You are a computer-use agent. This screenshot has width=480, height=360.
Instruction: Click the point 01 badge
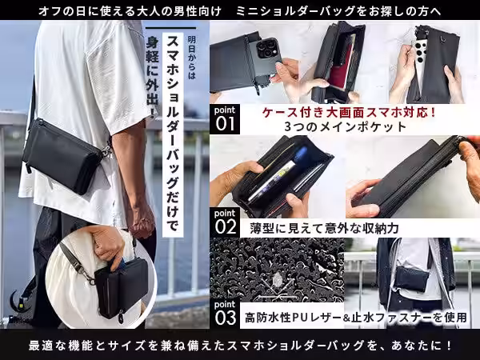pyautogui.click(x=225, y=118)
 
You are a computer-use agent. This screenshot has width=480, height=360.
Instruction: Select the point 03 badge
pyautogui.click(x=225, y=311)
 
